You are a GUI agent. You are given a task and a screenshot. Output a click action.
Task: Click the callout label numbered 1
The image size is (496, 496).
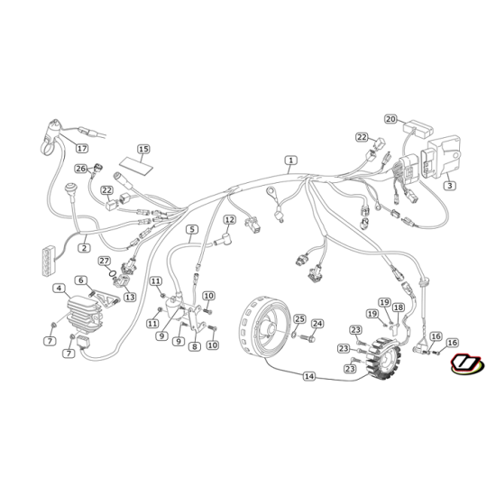[290, 161]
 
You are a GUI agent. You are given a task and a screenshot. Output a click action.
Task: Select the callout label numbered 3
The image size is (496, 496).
[450, 186]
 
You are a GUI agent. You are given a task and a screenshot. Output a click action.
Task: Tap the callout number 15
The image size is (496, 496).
[143, 149]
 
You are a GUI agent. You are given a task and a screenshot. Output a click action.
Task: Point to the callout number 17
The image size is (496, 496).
[82, 148]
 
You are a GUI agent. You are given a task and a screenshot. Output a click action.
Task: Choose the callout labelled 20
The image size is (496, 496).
[390, 119]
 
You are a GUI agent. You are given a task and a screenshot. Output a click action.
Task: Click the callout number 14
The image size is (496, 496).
[309, 376]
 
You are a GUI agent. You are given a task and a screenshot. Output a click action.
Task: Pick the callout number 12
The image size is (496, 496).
[230, 219]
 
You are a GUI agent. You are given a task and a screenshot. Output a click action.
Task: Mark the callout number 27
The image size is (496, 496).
[105, 261]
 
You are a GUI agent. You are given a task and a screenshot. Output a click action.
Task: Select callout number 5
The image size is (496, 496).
[192, 229]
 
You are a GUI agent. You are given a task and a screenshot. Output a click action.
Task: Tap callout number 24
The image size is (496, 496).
[317, 324]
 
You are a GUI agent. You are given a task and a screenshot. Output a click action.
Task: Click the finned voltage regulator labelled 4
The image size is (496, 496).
[85, 313]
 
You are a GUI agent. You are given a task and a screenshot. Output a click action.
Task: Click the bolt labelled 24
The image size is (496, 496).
[308, 338]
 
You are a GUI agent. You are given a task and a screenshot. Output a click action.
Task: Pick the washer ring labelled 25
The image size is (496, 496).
[294, 334]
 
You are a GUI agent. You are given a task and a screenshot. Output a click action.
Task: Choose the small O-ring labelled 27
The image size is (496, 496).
[112, 273]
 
